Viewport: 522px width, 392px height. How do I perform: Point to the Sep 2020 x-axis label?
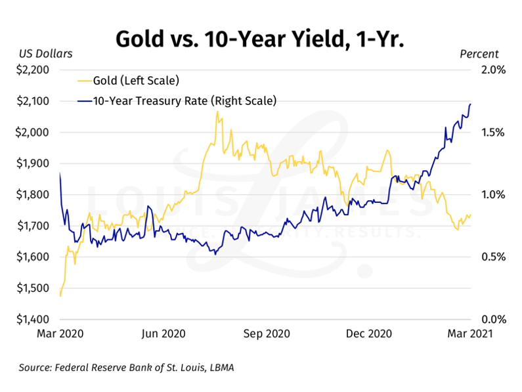266,334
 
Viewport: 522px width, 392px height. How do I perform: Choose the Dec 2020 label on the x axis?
368,334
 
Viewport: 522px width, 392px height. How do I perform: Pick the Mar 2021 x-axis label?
469,334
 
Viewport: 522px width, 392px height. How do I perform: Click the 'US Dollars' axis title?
45,54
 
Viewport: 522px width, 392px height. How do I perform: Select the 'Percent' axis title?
479,54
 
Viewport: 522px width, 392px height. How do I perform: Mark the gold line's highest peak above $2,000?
217,112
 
